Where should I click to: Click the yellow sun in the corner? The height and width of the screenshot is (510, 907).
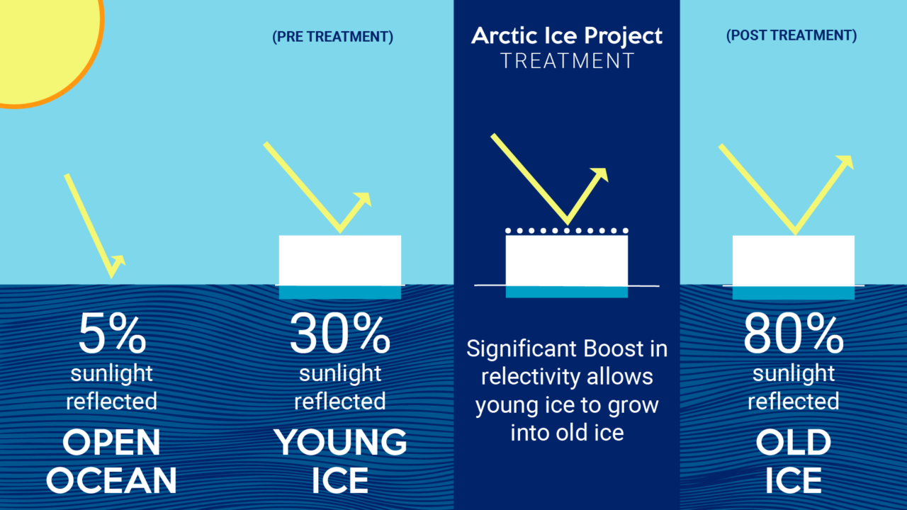pyautogui.click(x=43, y=42)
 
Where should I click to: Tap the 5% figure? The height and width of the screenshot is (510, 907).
pyautogui.click(x=111, y=334)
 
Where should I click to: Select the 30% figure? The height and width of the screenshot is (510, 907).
pyautogui.click(x=339, y=334)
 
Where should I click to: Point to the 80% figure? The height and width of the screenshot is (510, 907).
pyautogui.click(x=793, y=334)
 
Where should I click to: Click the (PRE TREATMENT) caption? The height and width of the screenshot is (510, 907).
pyautogui.click(x=332, y=37)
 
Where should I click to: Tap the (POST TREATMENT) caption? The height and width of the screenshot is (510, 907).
pyautogui.click(x=791, y=35)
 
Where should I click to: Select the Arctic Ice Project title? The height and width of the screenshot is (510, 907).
pyautogui.click(x=567, y=36)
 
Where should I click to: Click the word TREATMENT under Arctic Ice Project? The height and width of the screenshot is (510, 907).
pyautogui.click(x=567, y=61)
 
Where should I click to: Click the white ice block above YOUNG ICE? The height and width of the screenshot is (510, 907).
pyautogui.click(x=340, y=259)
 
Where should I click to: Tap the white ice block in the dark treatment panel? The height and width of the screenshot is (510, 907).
pyautogui.click(x=567, y=260)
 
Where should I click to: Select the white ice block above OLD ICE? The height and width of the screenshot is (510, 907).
pyautogui.click(x=793, y=260)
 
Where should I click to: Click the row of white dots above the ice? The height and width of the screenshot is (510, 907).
pyautogui.click(x=567, y=231)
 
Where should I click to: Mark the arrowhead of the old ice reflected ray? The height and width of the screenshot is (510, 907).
pyautogui.click(x=845, y=162)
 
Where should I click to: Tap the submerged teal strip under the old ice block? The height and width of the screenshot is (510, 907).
pyautogui.click(x=793, y=293)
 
